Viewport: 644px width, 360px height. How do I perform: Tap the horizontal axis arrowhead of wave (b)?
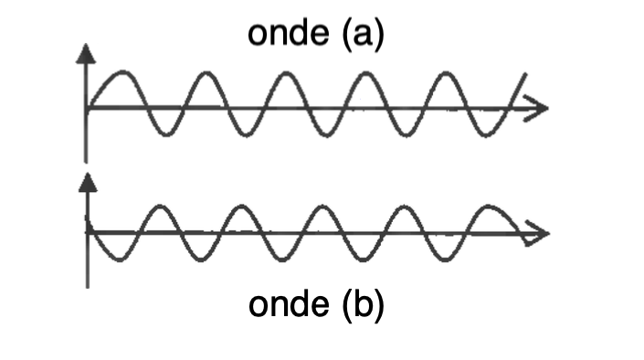539,234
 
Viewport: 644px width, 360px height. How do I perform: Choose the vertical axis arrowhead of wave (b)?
88,180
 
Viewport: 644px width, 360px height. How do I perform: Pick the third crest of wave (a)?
287,72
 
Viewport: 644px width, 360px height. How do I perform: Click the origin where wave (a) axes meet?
86,109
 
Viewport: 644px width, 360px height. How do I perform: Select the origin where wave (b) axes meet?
88,234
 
